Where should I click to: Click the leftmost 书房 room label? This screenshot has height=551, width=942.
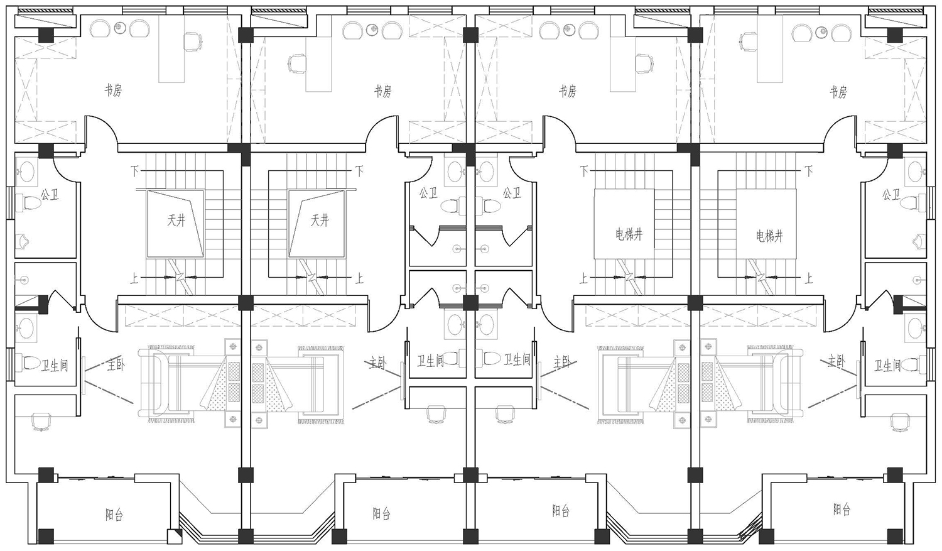113,90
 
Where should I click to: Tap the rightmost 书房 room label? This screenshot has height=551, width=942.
838,92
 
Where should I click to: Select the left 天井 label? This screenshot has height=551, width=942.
176,221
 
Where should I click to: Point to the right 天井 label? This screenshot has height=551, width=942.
320,221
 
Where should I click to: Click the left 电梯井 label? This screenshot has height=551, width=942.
629,234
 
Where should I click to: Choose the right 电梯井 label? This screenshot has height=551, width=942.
769,236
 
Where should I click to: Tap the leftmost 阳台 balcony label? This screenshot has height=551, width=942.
114,515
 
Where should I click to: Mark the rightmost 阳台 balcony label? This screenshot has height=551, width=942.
842,510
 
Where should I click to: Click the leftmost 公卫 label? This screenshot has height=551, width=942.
50,194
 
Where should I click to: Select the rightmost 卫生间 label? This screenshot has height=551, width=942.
888,366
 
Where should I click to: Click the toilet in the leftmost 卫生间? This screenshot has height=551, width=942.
29,363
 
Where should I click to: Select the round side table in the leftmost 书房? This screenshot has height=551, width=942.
119,28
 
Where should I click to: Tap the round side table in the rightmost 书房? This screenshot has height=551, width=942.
821,31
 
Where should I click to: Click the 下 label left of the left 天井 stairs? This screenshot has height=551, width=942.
134,171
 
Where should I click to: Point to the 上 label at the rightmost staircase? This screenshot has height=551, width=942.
808,278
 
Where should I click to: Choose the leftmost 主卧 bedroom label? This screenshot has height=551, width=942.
116,364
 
